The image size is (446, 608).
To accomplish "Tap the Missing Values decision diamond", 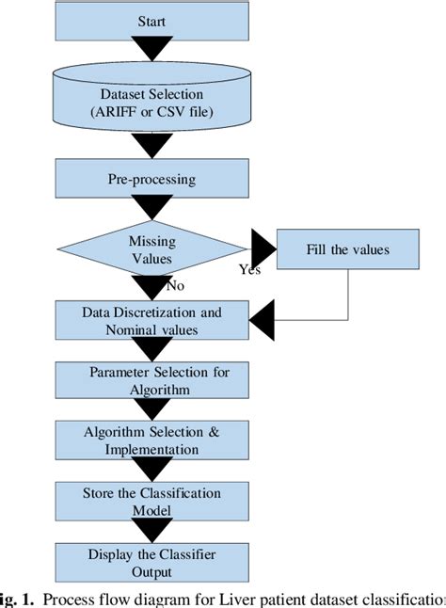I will point(152,248).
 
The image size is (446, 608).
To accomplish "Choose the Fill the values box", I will point(349,251).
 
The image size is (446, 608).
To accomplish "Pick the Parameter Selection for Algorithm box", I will point(152,379).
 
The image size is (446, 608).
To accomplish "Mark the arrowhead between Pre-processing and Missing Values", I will point(152,209).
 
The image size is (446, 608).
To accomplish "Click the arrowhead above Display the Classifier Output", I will point(152,533).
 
